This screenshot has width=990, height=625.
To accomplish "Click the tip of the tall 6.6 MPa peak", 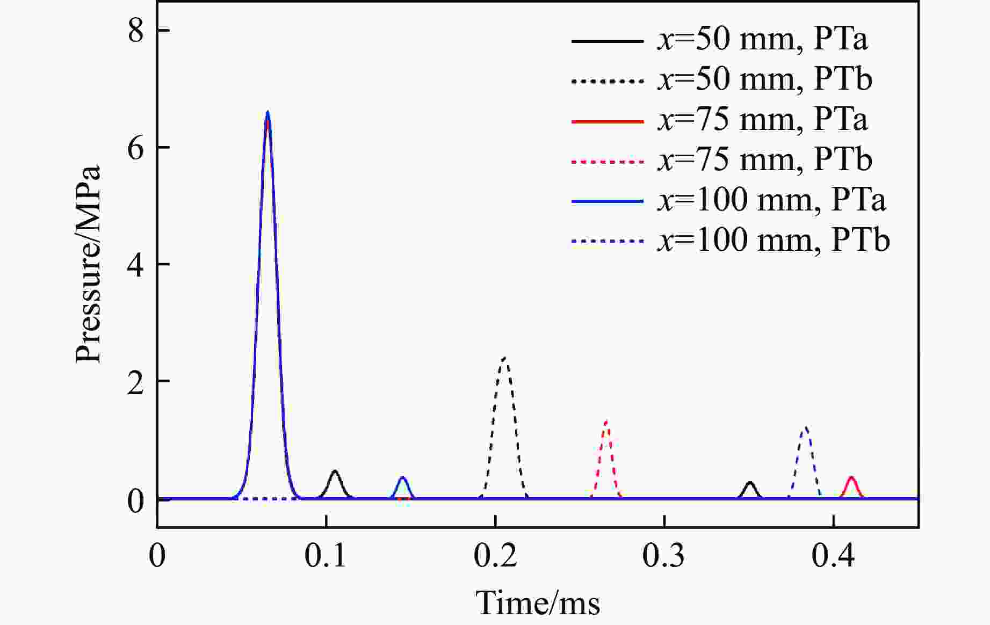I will click(x=268, y=112).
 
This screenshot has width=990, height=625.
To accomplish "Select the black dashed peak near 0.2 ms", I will click(x=504, y=358).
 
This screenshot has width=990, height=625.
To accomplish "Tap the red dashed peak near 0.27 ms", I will click(x=606, y=421).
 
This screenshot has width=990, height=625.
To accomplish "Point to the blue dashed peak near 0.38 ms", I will click(x=805, y=428).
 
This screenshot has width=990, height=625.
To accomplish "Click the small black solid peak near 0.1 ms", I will click(x=335, y=472).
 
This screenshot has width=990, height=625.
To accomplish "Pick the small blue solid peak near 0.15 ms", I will click(x=402, y=478).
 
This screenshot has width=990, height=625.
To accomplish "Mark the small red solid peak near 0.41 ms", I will click(x=851, y=478).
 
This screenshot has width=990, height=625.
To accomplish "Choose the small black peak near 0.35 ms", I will click(x=750, y=483).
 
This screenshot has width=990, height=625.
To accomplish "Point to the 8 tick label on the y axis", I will click(x=136, y=30).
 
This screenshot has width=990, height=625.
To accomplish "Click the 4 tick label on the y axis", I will click(x=136, y=264).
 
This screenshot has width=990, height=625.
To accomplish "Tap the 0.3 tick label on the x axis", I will click(x=664, y=557).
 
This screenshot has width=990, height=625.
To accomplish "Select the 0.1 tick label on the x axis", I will click(x=326, y=557).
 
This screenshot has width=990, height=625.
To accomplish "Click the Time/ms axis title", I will click(x=538, y=602).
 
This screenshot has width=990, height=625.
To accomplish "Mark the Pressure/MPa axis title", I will click(x=88, y=264).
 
